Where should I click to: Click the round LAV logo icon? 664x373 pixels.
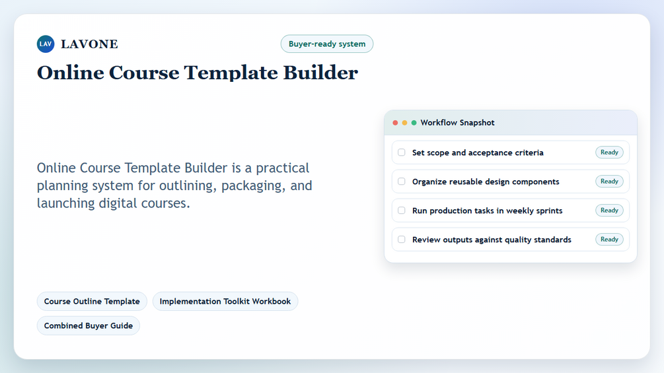[x=46, y=44]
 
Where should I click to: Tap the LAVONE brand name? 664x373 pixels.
[x=89, y=44]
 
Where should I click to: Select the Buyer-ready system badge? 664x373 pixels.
[x=327, y=44]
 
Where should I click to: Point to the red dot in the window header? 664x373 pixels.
[x=395, y=123]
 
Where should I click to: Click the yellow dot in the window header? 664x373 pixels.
[x=404, y=123]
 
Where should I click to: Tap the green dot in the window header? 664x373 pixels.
[x=414, y=123]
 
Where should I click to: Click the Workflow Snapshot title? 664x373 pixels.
[x=457, y=123]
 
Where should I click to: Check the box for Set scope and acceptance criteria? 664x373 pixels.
[x=402, y=153]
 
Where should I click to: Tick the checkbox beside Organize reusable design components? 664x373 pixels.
[x=402, y=182]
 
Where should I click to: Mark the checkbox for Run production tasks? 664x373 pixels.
[x=402, y=210]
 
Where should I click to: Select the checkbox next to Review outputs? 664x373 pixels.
[x=402, y=240]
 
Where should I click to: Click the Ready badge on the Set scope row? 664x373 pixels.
[x=609, y=153]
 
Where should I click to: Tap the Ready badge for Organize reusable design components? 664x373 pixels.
[x=609, y=182]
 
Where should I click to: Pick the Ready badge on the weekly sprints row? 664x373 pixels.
[x=609, y=210]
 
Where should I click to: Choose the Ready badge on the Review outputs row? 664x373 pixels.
[x=609, y=240]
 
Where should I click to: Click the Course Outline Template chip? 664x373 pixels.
[x=92, y=302]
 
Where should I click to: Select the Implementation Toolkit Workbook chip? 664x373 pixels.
[x=225, y=302]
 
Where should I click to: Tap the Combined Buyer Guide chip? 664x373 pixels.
[x=89, y=325]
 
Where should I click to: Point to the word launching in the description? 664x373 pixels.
[x=65, y=203]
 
